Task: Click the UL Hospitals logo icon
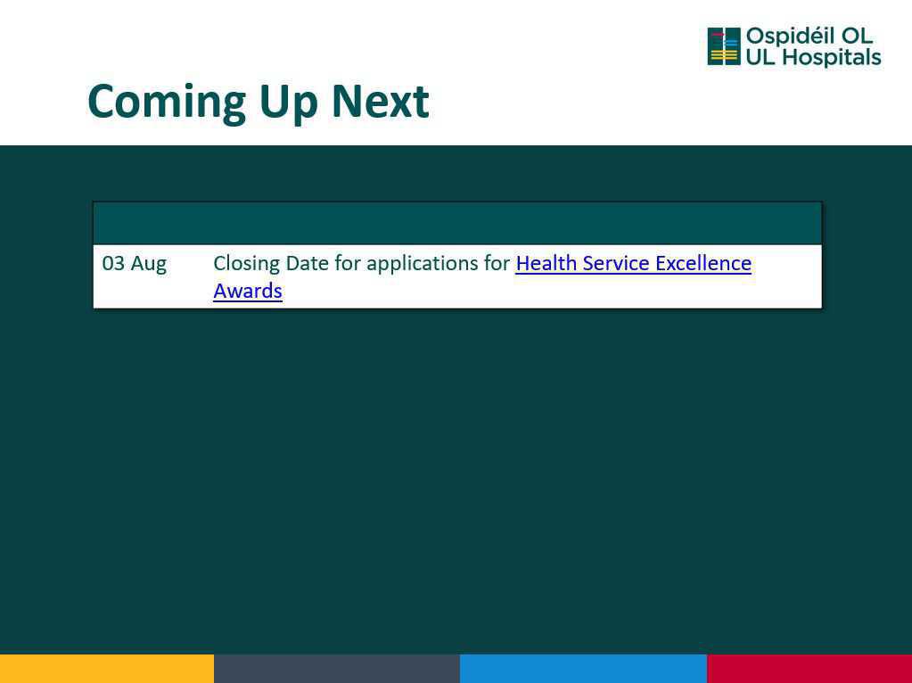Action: click(724, 46)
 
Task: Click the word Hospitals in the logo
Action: click(831, 58)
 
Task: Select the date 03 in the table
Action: click(113, 263)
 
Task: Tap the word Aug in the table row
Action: click(148, 265)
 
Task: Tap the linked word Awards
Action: click(248, 291)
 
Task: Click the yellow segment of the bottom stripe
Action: click(107, 669)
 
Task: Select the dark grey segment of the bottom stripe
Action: click(337, 669)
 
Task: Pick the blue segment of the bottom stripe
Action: click(583, 669)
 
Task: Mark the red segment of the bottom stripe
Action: click(809, 669)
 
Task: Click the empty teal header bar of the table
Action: click(457, 224)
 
